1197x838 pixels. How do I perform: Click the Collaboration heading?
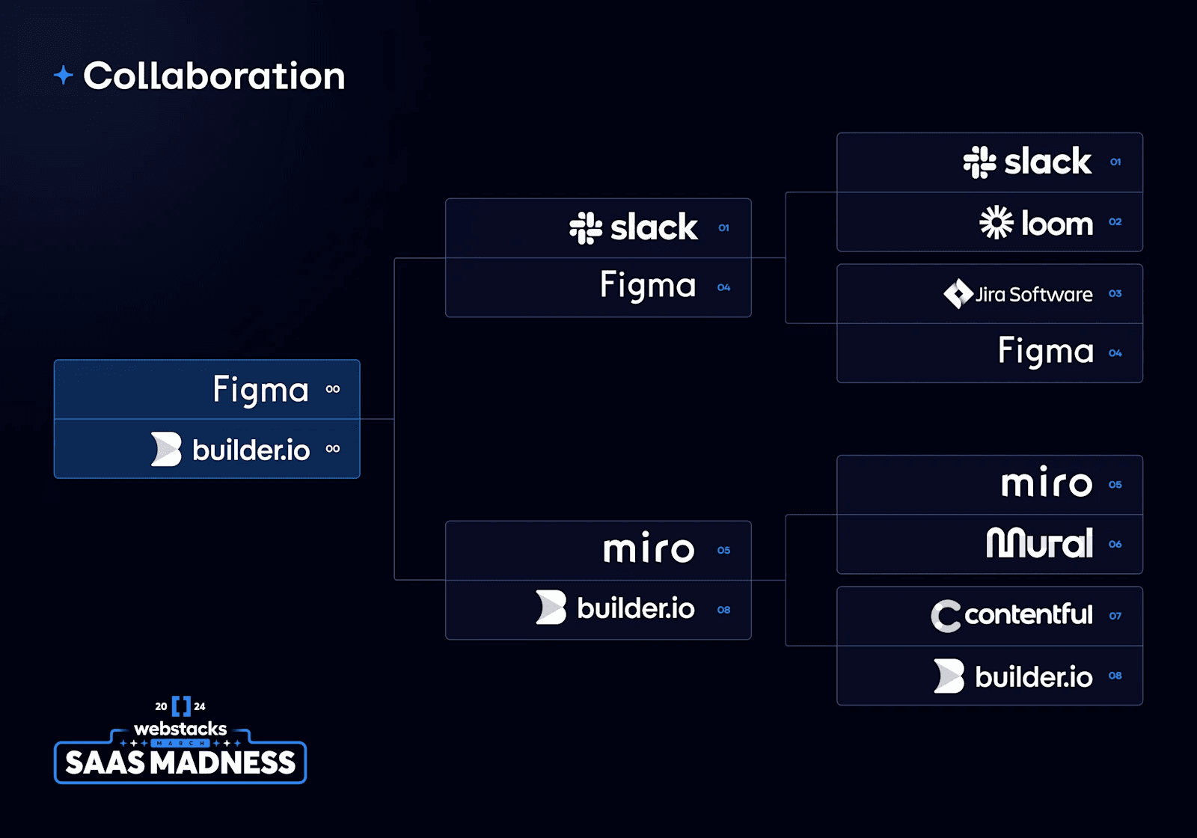214,76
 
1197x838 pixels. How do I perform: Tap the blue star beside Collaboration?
64,75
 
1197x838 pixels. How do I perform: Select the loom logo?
1036,223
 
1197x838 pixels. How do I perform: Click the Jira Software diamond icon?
958,294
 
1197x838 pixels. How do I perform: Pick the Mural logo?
1039,544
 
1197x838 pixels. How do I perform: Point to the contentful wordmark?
1029,615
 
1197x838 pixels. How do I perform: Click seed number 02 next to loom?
1115,222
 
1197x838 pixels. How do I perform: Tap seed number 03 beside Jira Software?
1115,294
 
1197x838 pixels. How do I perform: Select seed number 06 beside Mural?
1115,545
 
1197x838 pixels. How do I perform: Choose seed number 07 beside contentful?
1115,617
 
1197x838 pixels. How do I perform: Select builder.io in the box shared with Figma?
230,450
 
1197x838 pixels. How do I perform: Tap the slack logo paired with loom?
1027,162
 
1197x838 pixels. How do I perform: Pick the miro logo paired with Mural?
1047,484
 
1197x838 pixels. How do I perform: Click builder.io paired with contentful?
1013,676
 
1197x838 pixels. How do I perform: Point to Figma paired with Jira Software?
1046,352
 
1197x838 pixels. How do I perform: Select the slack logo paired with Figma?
634,227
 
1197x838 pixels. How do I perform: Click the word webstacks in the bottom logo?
180,729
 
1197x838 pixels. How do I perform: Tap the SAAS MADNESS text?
180,763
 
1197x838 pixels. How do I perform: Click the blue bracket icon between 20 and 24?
181,706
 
